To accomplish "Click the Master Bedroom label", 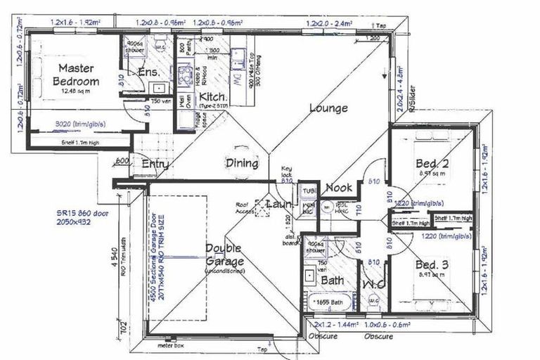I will click(x=77, y=75).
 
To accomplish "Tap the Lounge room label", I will click(x=328, y=108).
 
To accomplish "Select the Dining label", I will click(x=241, y=163).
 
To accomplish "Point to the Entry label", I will click(x=155, y=164).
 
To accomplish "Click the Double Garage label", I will click(x=224, y=255).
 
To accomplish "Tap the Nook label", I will click(x=339, y=188).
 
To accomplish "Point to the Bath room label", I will click(x=332, y=281).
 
